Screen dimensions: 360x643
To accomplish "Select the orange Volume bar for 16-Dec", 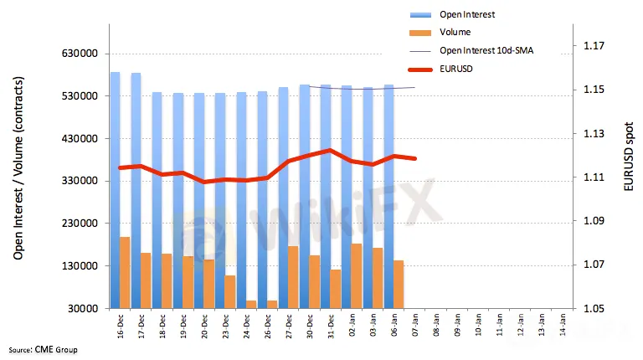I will point(125,273).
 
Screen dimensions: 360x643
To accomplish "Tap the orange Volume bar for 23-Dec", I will point(229,292).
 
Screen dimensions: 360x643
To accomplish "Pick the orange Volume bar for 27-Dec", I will point(292,277).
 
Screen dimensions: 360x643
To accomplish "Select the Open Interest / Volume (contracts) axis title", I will point(18,167).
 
